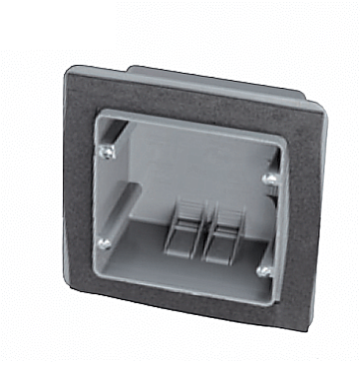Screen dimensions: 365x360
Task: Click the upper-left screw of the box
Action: pyautogui.click(x=106, y=150)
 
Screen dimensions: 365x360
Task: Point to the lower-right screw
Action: pyautogui.click(x=263, y=267)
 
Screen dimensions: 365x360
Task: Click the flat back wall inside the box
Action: pyautogui.click(x=199, y=170)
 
